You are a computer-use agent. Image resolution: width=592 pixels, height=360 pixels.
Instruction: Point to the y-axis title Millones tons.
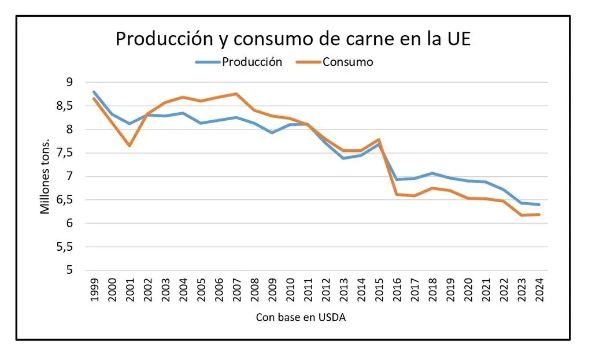tap(45, 177)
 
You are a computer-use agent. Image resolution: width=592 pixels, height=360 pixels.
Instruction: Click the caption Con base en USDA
tap(300, 318)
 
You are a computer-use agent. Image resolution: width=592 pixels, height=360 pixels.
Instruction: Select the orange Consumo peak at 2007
tap(236, 94)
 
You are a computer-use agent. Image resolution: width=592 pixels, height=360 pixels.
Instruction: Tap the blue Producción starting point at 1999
tap(94, 92)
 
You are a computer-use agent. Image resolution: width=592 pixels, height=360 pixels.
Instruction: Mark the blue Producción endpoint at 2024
tap(539, 205)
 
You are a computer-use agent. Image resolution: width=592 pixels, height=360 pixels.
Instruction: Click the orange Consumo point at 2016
tap(397, 194)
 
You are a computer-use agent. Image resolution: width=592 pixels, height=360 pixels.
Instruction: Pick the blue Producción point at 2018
tap(432, 173)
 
